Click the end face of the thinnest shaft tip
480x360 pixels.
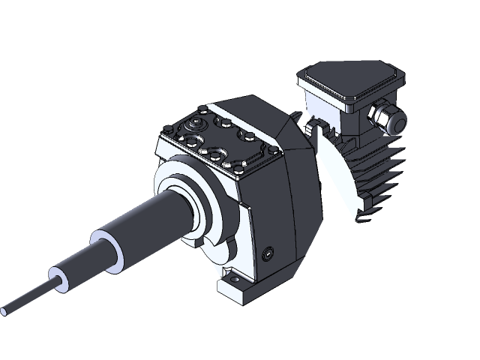click(x=7, y=308)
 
